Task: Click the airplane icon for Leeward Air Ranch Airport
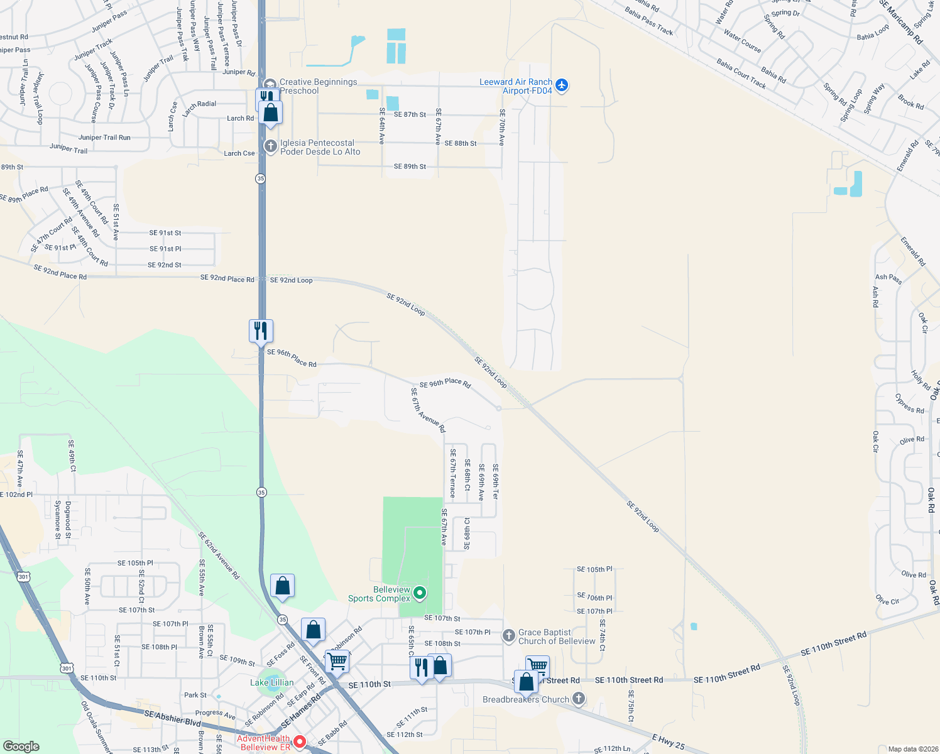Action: pos(562,85)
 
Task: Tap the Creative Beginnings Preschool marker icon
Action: pos(270,85)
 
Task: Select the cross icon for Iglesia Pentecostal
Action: pos(270,146)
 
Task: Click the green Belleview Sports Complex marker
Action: pos(420,592)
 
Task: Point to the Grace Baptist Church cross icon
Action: pos(509,636)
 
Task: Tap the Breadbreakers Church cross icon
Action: pos(579,698)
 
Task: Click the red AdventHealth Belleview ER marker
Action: pos(300,741)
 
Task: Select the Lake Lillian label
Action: pos(272,682)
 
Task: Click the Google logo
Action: pos(21,746)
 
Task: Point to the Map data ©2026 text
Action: pos(910,749)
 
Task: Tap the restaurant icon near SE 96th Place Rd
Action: pos(261,330)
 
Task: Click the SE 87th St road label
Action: pos(410,114)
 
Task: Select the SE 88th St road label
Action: pos(460,143)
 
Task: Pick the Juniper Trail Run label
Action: pos(104,138)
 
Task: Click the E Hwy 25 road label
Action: pos(668,741)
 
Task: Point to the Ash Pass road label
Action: pos(888,278)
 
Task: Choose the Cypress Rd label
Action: pos(909,403)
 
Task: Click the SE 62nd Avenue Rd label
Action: pos(219,555)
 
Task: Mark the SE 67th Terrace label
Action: pos(452,473)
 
